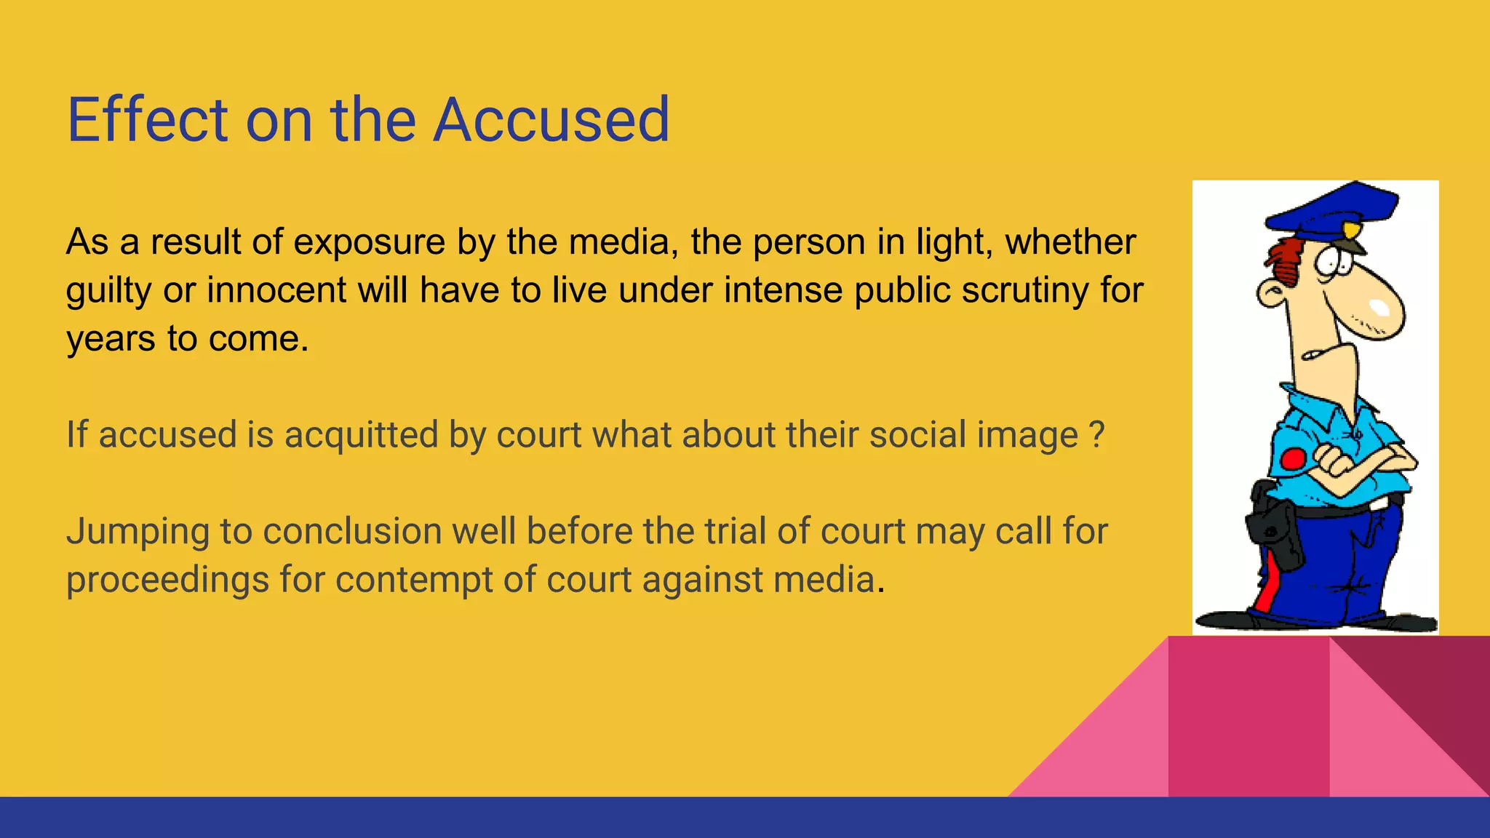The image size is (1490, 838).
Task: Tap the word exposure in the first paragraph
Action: pyautogui.click(x=369, y=242)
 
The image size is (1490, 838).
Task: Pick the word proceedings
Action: pyautogui.click(x=167, y=580)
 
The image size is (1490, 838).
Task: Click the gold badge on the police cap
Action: pyautogui.click(x=1350, y=231)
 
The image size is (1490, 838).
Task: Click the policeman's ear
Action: pyautogui.click(x=1272, y=294)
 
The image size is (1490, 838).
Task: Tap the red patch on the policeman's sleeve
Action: pyautogui.click(x=1293, y=459)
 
